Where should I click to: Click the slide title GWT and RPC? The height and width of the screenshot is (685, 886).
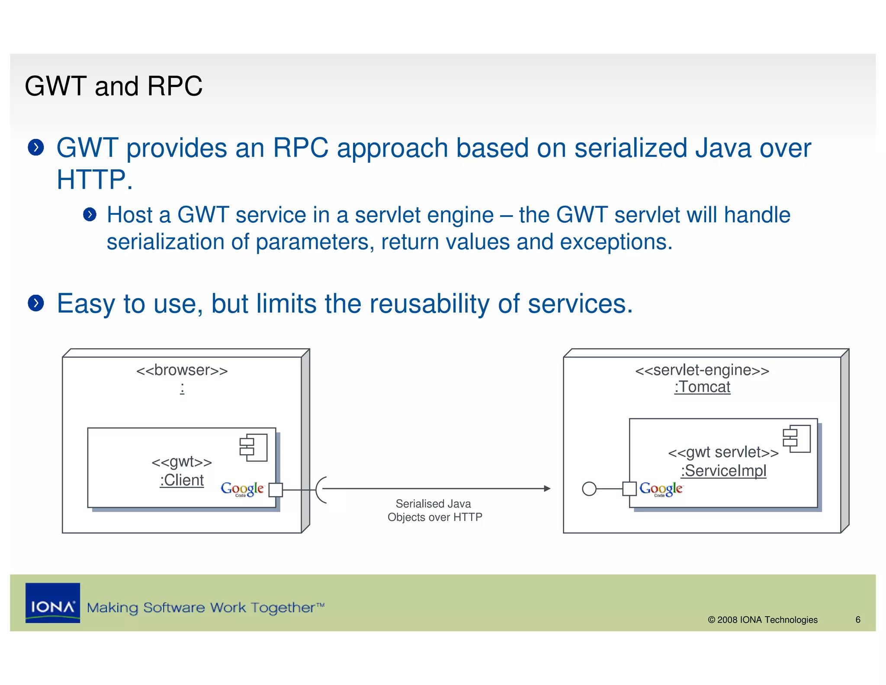click(x=113, y=86)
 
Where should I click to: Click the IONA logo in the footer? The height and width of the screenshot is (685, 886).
click(x=53, y=603)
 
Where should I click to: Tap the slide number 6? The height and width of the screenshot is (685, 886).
click(x=857, y=620)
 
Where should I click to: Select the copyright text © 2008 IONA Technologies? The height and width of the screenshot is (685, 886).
click(x=762, y=620)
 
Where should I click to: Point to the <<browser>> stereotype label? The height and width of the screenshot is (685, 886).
click(x=182, y=370)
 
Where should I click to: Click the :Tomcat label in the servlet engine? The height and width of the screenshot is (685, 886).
click(x=702, y=387)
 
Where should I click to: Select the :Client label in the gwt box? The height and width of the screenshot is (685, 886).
click(x=182, y=480)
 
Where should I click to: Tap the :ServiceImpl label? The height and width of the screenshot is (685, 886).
click(x=723, y=471)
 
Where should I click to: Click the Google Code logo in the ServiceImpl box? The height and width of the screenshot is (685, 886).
click(x=661, y=489)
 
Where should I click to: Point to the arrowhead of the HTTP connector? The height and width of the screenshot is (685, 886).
click(x=547, y=488)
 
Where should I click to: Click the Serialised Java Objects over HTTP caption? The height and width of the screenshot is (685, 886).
click(x=434, y=510)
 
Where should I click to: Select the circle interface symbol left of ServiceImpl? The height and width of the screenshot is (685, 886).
click(x=589, y=489)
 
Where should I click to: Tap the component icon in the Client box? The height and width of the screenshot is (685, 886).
click(x=254, y=447)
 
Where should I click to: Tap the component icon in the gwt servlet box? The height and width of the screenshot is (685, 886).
click(x=796, y=438)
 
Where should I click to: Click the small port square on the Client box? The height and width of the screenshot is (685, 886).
click(x=276, y=490)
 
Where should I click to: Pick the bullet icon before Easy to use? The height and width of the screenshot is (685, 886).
click(x=36, y=303)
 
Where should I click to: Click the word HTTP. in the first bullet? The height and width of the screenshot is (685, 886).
click(x=94, y=179)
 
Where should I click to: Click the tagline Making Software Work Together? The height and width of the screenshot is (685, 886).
click(x=205, y=607)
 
